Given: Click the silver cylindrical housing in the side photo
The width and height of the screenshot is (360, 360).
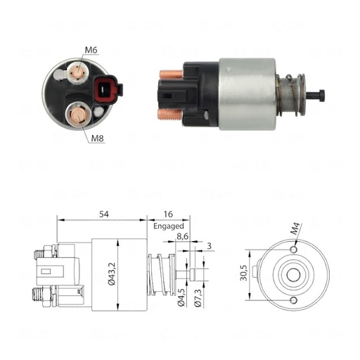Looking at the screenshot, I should pos(246,94).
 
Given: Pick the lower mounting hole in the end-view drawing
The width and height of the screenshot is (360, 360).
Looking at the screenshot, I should pos(292,300).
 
